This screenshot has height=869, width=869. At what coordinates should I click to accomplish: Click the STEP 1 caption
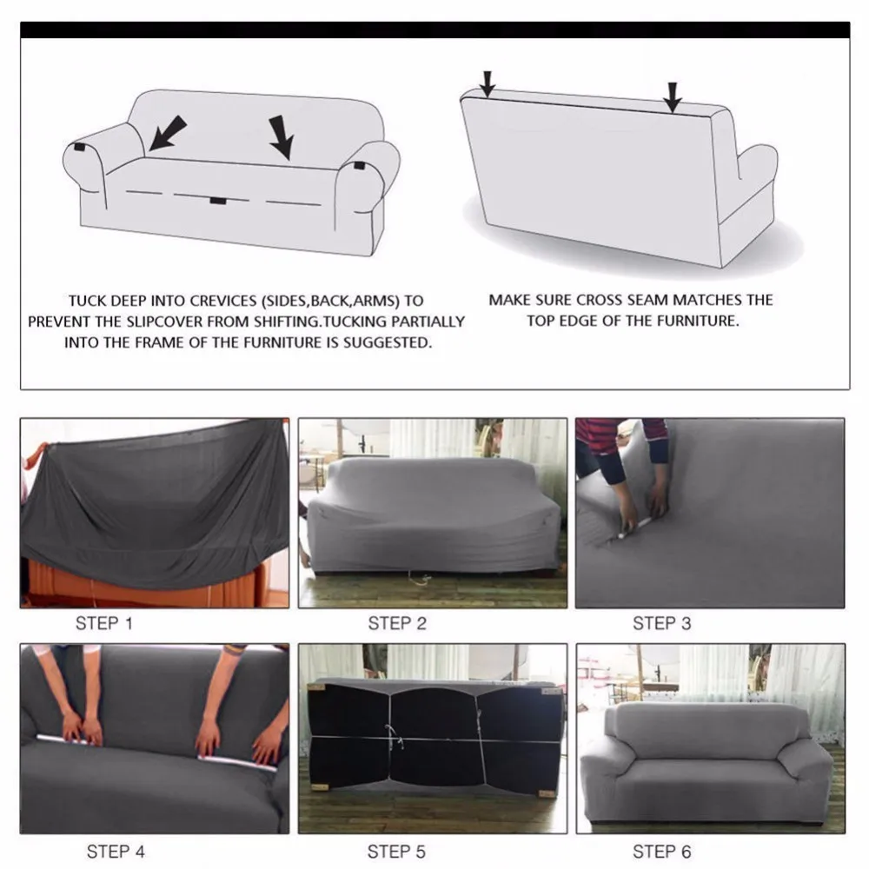(104, 623)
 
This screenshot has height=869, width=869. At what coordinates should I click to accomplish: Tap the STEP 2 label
(397, 623)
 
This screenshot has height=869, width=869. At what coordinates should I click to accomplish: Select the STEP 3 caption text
(662, 623)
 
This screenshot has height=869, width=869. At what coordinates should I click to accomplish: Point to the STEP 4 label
(116, 851)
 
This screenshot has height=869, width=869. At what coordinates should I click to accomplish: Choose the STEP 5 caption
(397, 851)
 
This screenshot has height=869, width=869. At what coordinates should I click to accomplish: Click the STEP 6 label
(662, 851)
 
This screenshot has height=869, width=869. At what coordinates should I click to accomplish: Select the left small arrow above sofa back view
(488, 82)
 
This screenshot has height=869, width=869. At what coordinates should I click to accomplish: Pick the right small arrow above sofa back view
(673, 96)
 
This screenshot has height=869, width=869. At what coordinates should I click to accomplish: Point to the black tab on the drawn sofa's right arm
(359, 164)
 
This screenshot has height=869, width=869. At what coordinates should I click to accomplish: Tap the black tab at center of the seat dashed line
(217, 202)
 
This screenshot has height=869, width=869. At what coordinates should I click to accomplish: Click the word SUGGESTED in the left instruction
(385, 342)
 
